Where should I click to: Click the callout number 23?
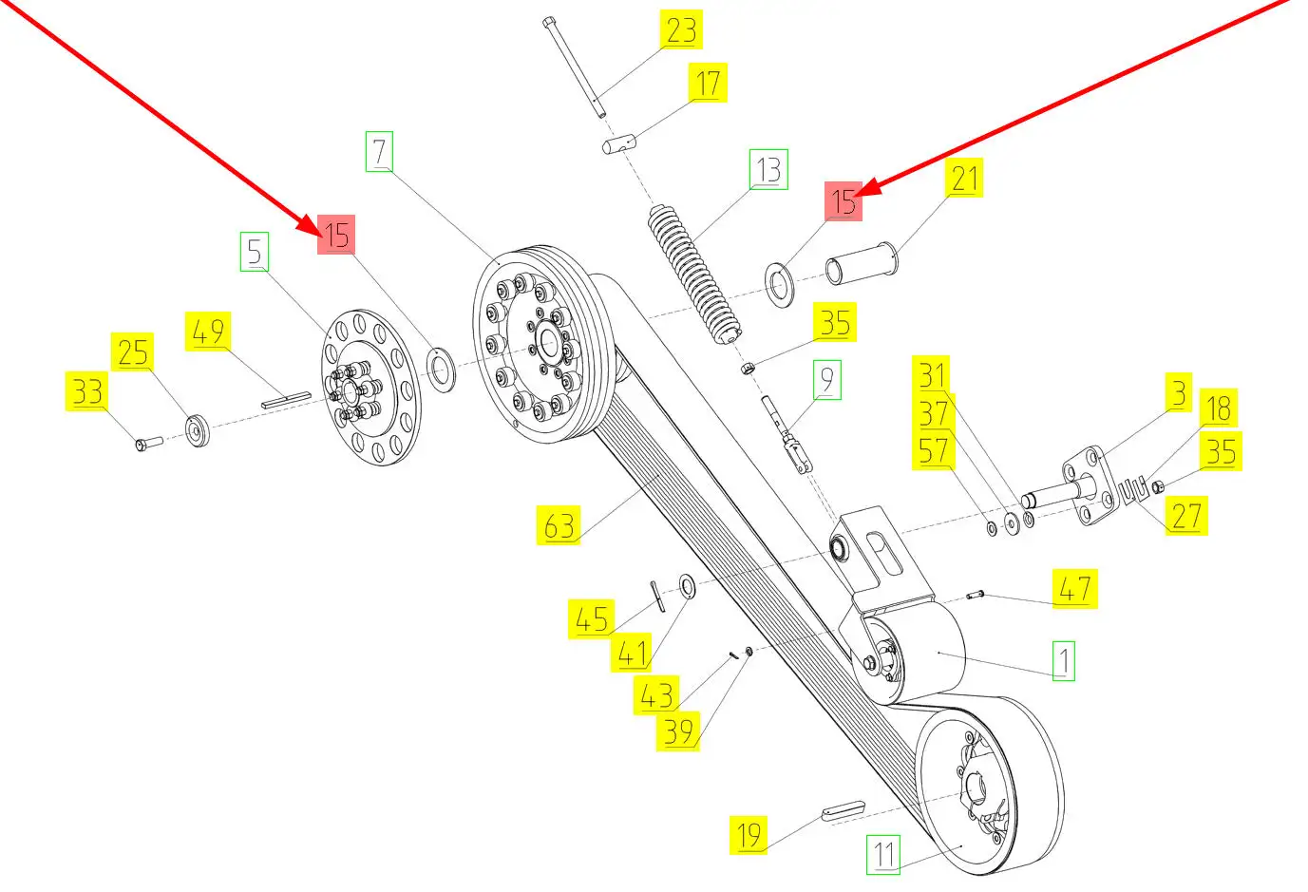(680, 30)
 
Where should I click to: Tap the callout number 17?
(708, 84)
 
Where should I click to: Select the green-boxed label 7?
(379, 152)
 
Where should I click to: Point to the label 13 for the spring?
(768, 170)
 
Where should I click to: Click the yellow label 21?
(963, 179)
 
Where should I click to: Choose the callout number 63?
(559, 525)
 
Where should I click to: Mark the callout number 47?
(1074, 589)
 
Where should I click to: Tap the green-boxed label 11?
(884, 854)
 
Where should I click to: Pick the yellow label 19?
(749, 835)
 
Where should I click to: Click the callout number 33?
(87, 391)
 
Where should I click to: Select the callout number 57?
(933, 450)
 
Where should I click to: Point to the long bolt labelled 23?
(575, 66)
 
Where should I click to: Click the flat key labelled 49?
(286, 399)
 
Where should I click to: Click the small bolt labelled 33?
(146, 443)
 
